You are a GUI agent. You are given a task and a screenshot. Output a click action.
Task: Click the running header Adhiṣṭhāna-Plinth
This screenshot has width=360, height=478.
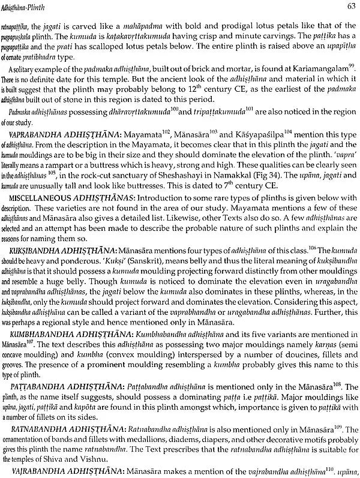35,7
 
